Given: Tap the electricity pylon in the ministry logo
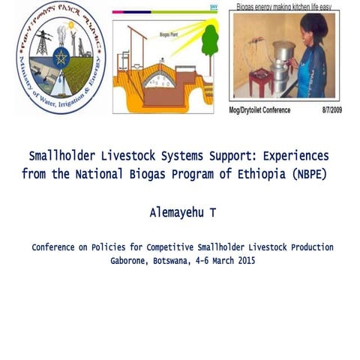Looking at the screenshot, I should pos(41,42).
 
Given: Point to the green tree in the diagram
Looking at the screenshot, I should pos(209,40).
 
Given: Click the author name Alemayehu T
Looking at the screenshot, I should pos(182,213).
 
